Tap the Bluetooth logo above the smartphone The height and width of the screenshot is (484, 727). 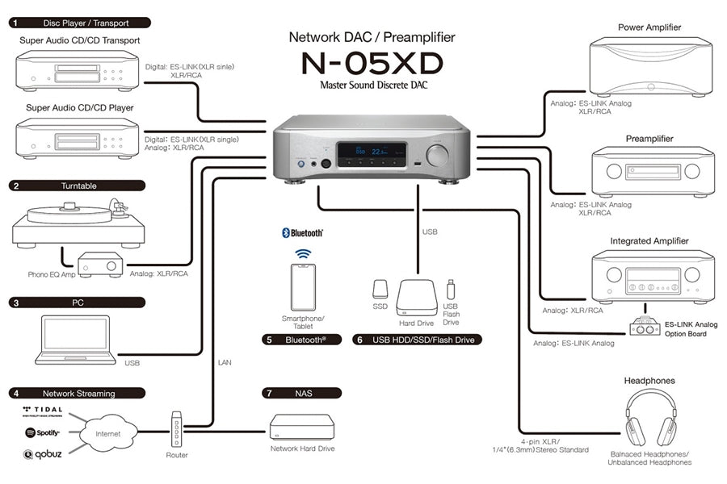(303, 232)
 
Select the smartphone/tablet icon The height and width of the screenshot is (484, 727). (304, 287)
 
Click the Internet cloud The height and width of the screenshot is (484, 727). (107, 434)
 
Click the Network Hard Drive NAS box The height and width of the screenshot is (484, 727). (301, 428)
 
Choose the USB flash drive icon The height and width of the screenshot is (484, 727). (451, 289)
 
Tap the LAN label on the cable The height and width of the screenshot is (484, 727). (225, 363)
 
